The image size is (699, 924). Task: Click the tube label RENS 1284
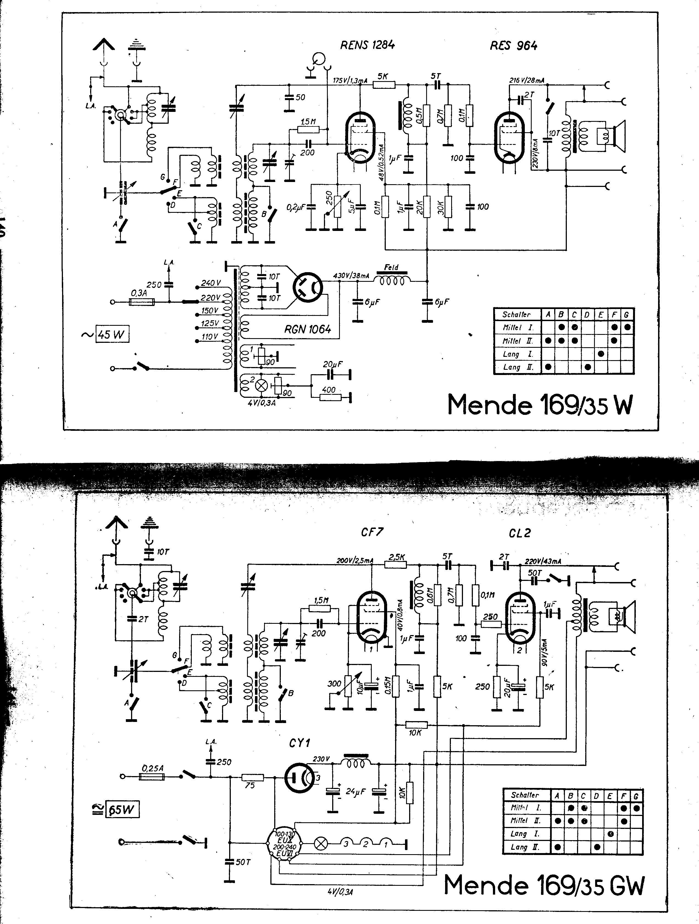point(367,45)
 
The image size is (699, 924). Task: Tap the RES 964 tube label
point(514,46)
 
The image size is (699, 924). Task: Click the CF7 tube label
point(372,532)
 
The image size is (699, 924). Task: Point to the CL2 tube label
point(520,533)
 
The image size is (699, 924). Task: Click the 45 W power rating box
point(112,334)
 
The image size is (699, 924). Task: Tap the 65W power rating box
point(122,810)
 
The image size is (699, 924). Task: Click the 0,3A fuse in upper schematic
point(142,302)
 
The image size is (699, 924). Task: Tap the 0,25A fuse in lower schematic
point(152,777)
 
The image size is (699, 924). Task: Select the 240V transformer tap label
point(211,283)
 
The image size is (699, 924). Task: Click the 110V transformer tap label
point(210,337)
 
